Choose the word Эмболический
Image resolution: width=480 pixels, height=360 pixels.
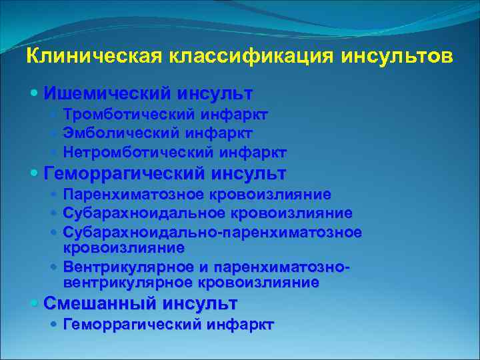click(115, 133)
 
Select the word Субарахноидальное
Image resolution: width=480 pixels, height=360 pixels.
click(145, 213)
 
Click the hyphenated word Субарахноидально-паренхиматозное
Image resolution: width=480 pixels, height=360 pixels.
click(213, 231)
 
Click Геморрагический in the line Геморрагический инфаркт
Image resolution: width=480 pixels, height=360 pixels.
click(132, 325)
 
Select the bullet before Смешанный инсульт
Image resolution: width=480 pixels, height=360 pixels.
click(35, 304)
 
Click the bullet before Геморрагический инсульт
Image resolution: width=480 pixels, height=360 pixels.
click(35, 175)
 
